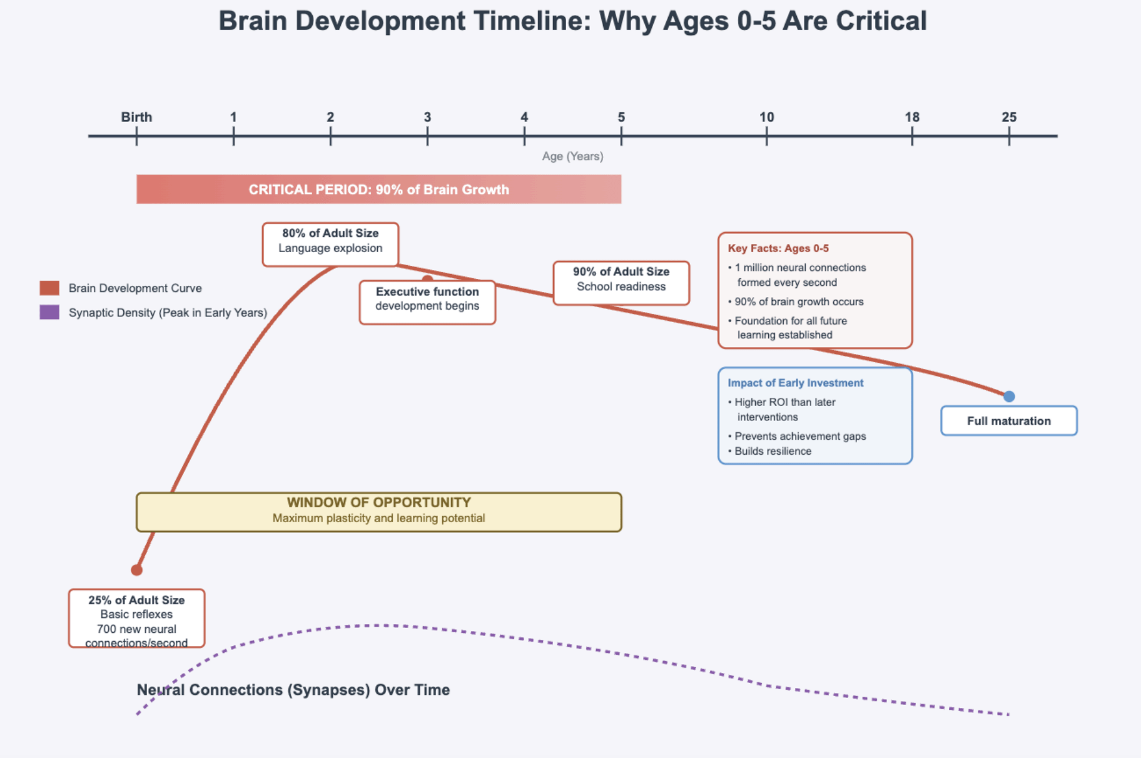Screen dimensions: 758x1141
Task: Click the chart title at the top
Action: point(572,21)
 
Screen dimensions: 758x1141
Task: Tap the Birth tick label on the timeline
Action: point(136,117)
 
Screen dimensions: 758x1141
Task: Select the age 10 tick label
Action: point(766,117)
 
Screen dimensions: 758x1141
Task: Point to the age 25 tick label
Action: point(1008,117)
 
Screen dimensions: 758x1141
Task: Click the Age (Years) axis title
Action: point(572,156)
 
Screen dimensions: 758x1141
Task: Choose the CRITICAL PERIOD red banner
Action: point(378,189)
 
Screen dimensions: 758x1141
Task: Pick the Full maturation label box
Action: point(1008,421)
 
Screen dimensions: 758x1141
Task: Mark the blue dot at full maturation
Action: point(1009,397)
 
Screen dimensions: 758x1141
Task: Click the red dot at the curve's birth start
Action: point(136,570)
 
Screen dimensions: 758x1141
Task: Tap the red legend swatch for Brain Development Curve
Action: point(49,288)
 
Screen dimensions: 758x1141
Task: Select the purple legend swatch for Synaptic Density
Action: point(49,312)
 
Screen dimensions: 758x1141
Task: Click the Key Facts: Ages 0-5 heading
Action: point(778,248)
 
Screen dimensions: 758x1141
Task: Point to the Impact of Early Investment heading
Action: point(795,383)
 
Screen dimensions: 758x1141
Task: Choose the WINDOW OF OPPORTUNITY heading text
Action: point(378,502)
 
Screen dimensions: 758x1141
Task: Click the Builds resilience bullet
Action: point(773,451)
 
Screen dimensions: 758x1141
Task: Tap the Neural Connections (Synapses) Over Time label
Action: point(293,690)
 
